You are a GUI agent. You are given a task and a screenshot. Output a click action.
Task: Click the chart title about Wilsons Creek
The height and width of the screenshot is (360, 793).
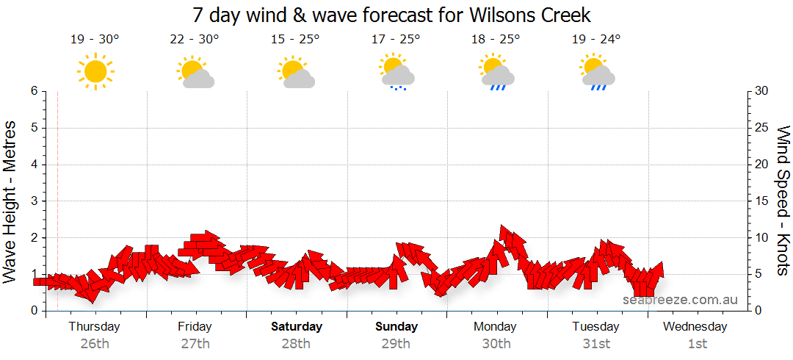tap(391, 15)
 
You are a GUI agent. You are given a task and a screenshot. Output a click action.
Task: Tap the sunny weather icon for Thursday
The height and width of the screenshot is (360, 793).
tap(95, 71)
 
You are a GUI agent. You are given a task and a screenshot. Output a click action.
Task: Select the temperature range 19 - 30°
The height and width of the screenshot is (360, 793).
tap(95, 39)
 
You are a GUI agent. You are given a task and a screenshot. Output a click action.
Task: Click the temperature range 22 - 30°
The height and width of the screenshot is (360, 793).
tap(195, 39)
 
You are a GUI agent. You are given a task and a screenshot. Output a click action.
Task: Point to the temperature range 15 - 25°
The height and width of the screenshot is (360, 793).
tap(295, 39)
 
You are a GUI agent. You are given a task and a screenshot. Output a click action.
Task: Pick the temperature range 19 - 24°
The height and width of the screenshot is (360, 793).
tap(596, 39)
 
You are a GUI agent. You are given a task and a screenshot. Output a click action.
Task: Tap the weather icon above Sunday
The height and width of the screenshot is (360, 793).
tap(396, 72)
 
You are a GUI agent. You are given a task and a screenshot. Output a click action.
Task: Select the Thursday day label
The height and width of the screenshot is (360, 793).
tap(95, 326)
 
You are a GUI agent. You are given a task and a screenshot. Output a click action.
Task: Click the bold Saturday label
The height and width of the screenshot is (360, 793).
tap(297, 326)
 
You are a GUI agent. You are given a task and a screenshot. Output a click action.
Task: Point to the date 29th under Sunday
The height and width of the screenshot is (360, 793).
tap(396, 343)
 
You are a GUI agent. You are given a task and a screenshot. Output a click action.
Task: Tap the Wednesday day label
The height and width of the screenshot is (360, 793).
tap(695, 326)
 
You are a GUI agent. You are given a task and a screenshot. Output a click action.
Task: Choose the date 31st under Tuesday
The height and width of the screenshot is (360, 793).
tap(596, 343)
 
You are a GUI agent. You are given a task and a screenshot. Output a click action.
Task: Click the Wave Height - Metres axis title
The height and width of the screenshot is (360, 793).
tap(11, 201)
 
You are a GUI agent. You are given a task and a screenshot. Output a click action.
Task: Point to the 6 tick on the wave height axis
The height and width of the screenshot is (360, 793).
tap(34, 91)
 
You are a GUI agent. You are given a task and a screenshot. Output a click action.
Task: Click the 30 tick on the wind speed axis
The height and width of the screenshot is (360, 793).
tap(761, 91)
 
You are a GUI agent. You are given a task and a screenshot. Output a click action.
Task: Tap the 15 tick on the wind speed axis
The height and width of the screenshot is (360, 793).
tap(761, 201)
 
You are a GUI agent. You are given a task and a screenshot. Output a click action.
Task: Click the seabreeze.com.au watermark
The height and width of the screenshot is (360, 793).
tap(680, 300)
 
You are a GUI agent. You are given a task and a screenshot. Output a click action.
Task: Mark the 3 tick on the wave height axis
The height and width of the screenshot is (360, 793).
tap(34, 201)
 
